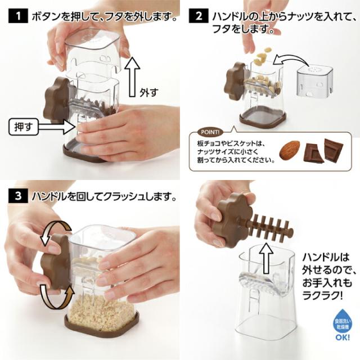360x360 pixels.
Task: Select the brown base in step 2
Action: (263, 119)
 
